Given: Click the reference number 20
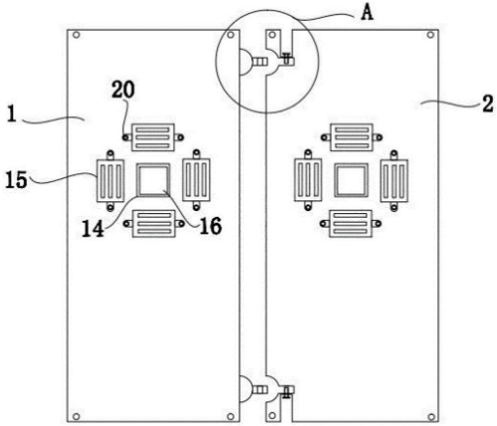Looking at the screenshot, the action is click(x=123, y=90).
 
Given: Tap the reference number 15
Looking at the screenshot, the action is click(x=16, y=180).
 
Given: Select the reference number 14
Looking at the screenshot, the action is click(x=92, y=229).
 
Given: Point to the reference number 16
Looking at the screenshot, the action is click(x=211, y=226).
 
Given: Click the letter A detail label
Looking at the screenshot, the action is click(x=367, y=14).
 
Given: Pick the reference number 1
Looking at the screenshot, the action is click(x=12, y=115).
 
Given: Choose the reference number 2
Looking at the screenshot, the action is click(x=487, y=105).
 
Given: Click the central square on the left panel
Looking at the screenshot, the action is click(x=153, y=180).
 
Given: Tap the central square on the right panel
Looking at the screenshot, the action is click(x=351, y=180).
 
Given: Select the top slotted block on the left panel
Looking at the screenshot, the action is click(x=153, y=137).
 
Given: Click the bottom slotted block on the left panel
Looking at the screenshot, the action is click(x=153, y=224).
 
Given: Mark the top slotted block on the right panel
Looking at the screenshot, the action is click(x=351, y=137).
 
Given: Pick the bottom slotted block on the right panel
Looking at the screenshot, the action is click(x=351, y=224).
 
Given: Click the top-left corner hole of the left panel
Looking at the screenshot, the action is click(x=77, y=35).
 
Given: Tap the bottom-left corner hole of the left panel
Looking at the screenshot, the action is click(x=76, y=416).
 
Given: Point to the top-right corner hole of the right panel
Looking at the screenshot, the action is click(x=430, y=35).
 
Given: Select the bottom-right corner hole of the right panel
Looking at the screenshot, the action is click(x=431, y=416).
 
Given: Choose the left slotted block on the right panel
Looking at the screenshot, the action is click(x=308, y=180).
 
